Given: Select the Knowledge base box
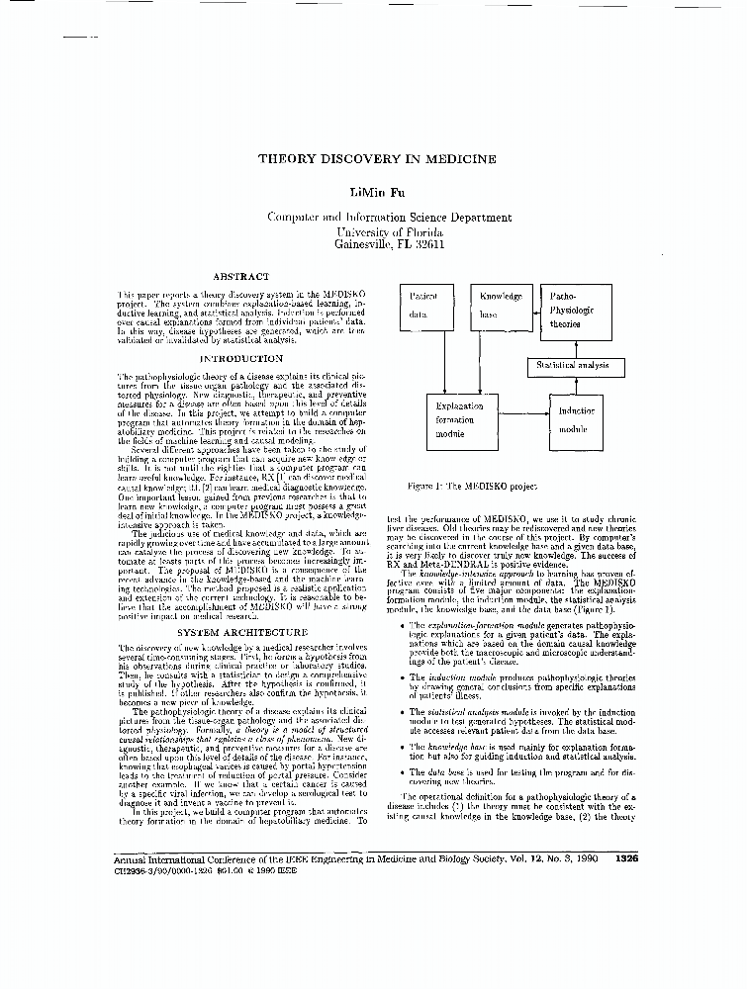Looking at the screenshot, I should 500,309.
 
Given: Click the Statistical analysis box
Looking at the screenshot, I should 574,366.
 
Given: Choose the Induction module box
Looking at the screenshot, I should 577,419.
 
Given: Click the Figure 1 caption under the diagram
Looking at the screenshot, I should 471,487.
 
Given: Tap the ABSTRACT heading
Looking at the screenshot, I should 241,277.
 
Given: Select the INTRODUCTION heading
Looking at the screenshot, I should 241,358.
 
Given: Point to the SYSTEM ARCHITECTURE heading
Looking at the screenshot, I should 241,631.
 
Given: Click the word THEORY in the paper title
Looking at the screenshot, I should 287,158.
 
